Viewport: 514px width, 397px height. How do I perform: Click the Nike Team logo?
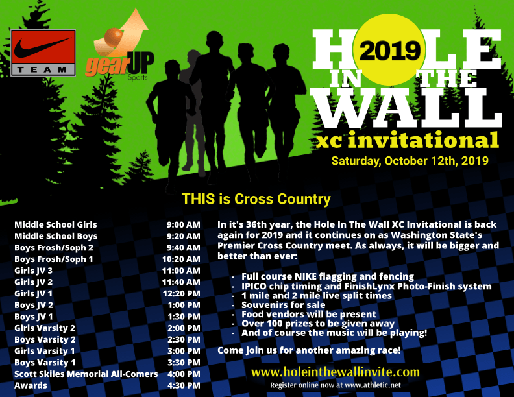(43, 53)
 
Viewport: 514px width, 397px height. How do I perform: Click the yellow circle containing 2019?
(389, 50)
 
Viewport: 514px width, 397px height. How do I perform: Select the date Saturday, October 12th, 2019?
(410, 161)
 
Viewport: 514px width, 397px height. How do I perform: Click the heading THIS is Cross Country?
(256, 199)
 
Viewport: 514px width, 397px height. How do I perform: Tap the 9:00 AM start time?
(183, 224)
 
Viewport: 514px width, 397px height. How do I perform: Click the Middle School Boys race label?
(56, 236)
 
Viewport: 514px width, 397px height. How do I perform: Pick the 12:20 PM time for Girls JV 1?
(181, 293)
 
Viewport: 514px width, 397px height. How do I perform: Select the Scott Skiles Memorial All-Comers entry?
(86, 374)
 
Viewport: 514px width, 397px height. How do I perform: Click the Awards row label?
(31, 385)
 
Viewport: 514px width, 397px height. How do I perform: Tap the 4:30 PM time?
(184, 385)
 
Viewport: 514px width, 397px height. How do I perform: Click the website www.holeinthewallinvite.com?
(336, 372)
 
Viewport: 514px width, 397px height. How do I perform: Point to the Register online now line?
(336, 385)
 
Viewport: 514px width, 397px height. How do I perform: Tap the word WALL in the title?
(406, 108)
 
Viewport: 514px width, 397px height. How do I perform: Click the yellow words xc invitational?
(408, 140)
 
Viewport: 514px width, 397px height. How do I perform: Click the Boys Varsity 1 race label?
(45, 363)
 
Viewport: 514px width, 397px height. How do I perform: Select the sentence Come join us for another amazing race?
(309, 350)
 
